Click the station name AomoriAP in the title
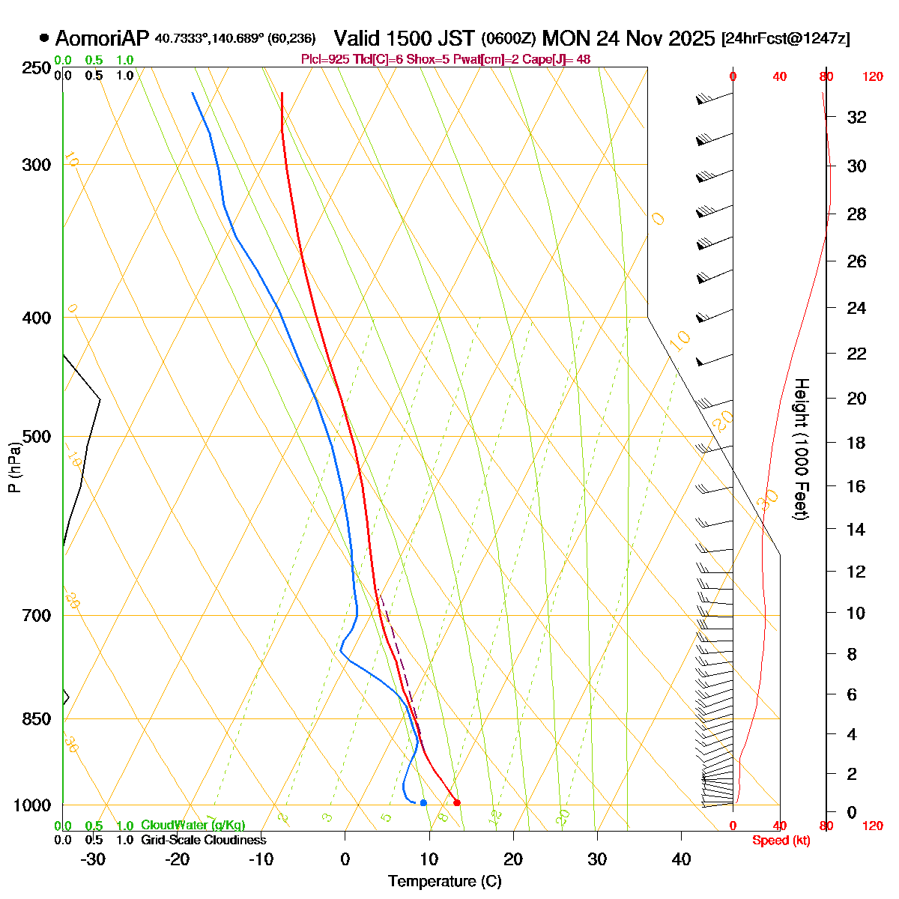(103, 38)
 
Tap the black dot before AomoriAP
(44, 38)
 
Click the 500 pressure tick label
(37, 436)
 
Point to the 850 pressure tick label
(37, 718)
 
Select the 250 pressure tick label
(37, 68)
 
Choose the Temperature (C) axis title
(444, 881)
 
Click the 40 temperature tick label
(681, 859)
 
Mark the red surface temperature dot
(457, 803)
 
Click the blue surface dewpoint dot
(423, 803)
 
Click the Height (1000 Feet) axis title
(801, 449)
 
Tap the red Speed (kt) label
(781, 841)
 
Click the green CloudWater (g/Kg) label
(193, 826)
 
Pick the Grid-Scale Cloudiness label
(204, 841)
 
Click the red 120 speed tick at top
(872, 76)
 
